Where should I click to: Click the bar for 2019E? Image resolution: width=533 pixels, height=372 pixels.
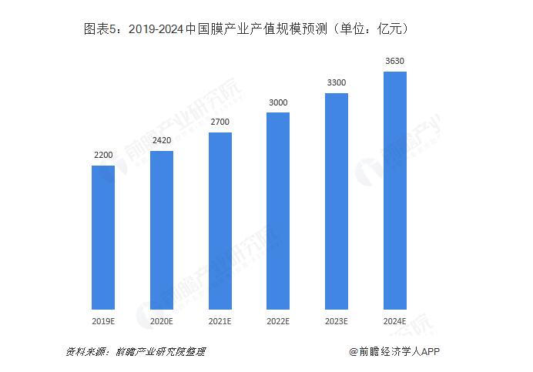103,236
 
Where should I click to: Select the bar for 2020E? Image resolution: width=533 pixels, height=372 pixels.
162,229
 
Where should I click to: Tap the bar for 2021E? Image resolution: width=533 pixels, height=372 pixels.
220,220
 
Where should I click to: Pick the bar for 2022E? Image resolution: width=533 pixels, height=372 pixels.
278,209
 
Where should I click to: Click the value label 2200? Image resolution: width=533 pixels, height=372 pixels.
103,156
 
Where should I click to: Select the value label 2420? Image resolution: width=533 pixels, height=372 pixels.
162,141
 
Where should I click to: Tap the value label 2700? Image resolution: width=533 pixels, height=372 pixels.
220,122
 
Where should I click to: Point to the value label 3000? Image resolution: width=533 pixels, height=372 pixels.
278,102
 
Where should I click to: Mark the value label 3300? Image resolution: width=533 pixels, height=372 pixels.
337,83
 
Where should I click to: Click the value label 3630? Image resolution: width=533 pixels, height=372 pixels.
395,62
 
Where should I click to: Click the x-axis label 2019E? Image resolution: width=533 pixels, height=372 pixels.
103,320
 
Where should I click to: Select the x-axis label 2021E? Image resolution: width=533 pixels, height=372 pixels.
220,320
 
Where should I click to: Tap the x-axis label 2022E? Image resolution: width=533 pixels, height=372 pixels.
278,320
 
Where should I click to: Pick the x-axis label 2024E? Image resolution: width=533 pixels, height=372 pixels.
395,320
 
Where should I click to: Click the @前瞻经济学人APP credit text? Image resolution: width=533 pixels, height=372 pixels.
394,351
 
